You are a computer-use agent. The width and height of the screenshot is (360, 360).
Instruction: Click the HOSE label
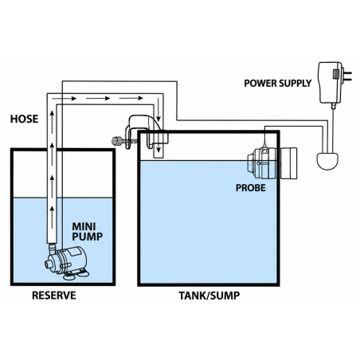click(x=24, y=119)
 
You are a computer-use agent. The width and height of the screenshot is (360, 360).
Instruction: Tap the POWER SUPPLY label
click(x=277, y=84)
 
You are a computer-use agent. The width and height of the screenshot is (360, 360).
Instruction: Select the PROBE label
click(x=251, y=188)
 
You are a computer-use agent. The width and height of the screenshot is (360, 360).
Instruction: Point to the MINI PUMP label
click(x=88, y=232)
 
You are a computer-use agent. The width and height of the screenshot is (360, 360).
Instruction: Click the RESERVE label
click(x=54, y=295)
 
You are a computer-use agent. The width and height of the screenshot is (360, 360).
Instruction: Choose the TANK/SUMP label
click(x=209, y=295)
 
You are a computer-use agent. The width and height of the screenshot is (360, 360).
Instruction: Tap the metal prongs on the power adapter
click(x=347, y=76)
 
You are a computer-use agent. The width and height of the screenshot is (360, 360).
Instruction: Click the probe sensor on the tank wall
click(x=272, y=162)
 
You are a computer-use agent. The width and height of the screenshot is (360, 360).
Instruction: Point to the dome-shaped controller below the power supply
click(x=327, y=161)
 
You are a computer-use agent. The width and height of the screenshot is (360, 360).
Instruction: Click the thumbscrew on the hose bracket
click(x=119, y=140)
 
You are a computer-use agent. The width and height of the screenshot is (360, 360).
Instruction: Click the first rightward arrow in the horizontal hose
click(x=65, y=99)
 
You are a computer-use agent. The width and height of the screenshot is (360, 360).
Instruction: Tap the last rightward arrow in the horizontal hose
click(x=131, y=98)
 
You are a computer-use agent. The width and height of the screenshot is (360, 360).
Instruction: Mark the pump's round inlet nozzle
click(x=49, y=264)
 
